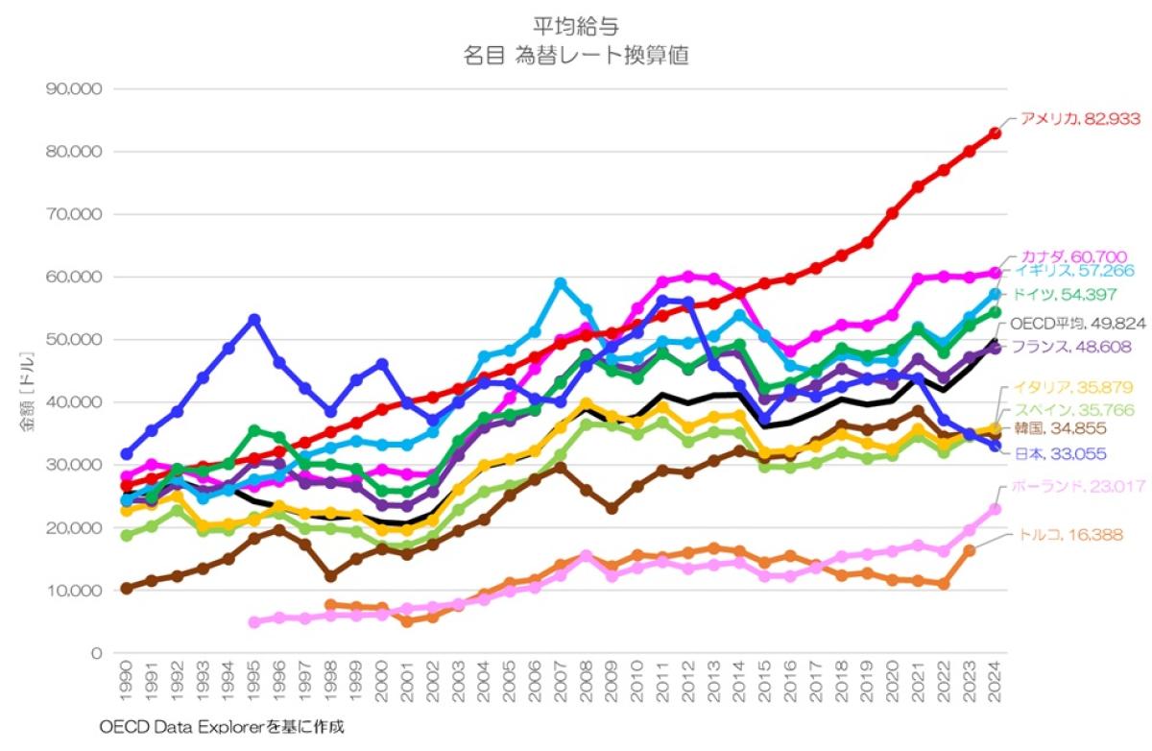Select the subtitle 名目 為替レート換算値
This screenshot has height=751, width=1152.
pyautogui.click(x=576, y=56)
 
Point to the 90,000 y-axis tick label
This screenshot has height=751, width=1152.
pyautogui.click(x=74, y=89)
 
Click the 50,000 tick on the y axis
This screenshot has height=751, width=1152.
pyautogui.click(x=74, y=340)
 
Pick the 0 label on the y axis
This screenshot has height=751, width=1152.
pyautogui.click(x=95, y=653)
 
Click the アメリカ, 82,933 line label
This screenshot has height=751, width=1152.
pyautogui.click(x=1079, y=119)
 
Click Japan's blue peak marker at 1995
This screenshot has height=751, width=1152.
pyautogui.click(x=253, y=319)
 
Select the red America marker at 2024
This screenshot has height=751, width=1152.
pyautogui.click(x=996, y=133)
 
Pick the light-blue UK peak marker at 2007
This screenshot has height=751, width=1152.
pyautogui.click(x=561, y=283)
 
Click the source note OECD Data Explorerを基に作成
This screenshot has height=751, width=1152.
pyautogui.click(x=221, y=727)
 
